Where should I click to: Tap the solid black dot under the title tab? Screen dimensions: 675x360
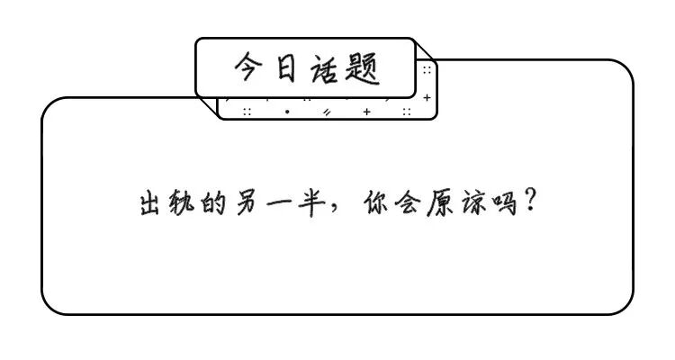287,112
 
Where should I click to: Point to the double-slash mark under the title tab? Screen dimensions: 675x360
328,112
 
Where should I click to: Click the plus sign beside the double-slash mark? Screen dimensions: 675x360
366,112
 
